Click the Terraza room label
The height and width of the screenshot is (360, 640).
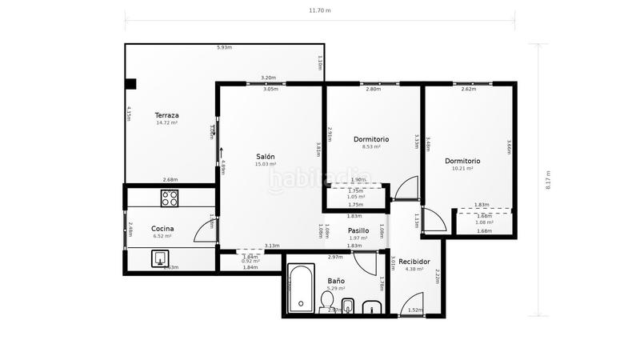(x=166, y=114)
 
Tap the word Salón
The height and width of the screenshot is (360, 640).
(x=266, y=156)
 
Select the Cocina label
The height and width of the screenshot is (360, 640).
(x=162, y=228)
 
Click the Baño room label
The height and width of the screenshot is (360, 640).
(x=336, y=281)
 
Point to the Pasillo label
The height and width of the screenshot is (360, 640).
(x=358, y=230)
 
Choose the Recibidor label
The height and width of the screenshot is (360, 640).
(x=414, y=262)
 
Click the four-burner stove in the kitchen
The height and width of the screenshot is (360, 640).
(x=170, y=198)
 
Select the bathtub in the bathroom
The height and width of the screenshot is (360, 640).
(x=302, y=290)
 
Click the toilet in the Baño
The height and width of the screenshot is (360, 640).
(x=326, y=301)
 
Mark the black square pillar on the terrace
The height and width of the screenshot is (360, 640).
(x=130, y=83)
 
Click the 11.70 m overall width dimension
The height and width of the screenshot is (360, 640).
(x=320, y=10)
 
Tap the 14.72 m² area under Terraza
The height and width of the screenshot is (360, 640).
(x=166, y=122)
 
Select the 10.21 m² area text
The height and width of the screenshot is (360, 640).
(x=463, y=169)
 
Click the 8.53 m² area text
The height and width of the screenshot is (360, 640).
(x=371, y=147)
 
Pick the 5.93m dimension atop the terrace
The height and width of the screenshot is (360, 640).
(x=224, y=47)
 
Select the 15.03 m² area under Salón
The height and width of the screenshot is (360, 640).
(x=266, y=164)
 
